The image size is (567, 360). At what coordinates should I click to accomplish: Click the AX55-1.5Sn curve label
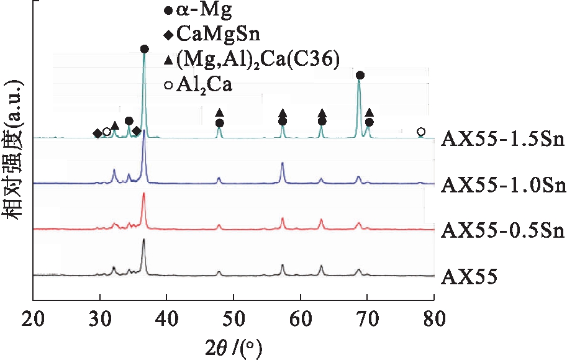tap(502, 138)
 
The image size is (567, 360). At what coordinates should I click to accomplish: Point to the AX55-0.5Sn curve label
tap(502, 230)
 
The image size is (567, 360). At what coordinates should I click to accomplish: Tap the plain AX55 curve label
tap(469, 276)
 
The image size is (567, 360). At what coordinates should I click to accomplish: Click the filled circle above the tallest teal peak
tap(145, 49)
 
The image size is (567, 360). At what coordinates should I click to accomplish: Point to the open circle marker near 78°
tap(421, 132)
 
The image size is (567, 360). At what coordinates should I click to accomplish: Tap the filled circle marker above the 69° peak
tap(360, 75)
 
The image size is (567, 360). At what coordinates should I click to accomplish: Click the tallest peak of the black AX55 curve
tap(144, 240)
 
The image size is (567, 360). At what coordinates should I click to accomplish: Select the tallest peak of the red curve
tap(144, 194)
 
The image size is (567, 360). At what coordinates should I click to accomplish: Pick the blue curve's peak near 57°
tap(283, 163)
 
